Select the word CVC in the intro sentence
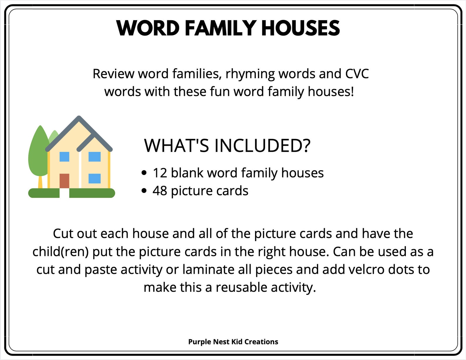pos(357,74)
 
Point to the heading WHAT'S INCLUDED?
pos(227,145)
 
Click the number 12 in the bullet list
pos(160,173)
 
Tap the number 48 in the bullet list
pos(160,191)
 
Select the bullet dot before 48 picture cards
pos(144,191)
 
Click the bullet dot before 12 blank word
pos(144,173)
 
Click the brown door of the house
pos(64,181)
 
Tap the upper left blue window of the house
pos(64,157)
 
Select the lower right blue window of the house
pos(94,178)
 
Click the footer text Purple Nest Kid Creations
pos(233,342)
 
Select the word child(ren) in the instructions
pos(60,252)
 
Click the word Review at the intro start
pos(113,74)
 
